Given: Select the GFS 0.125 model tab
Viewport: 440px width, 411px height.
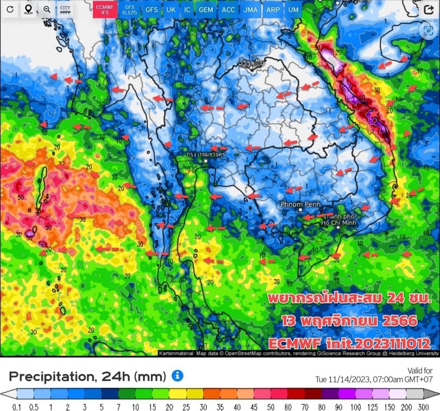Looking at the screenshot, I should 129,10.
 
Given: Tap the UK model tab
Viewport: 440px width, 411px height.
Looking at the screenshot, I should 171,10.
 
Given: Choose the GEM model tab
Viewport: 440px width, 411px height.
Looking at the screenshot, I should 206,10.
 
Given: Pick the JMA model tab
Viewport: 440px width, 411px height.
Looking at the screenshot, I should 250,10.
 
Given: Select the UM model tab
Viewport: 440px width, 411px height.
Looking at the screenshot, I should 293,10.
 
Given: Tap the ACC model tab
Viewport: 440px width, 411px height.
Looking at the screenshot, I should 228,10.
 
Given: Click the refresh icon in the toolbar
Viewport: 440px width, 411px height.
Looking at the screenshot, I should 10,10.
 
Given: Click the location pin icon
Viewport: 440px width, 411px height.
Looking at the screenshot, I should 28,10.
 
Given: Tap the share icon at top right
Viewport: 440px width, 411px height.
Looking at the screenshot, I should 428,10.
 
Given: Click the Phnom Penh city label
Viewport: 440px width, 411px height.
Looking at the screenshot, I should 300,204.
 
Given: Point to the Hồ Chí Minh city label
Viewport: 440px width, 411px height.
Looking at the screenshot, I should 339,220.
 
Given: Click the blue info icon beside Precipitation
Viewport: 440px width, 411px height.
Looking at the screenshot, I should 177,376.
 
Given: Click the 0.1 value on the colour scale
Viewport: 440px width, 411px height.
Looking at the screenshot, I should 17,407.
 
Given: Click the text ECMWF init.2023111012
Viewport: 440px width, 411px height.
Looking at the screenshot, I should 343,343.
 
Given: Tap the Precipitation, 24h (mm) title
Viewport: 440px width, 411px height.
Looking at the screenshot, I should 87,376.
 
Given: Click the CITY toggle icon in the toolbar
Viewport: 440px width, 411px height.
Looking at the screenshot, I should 65,10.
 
